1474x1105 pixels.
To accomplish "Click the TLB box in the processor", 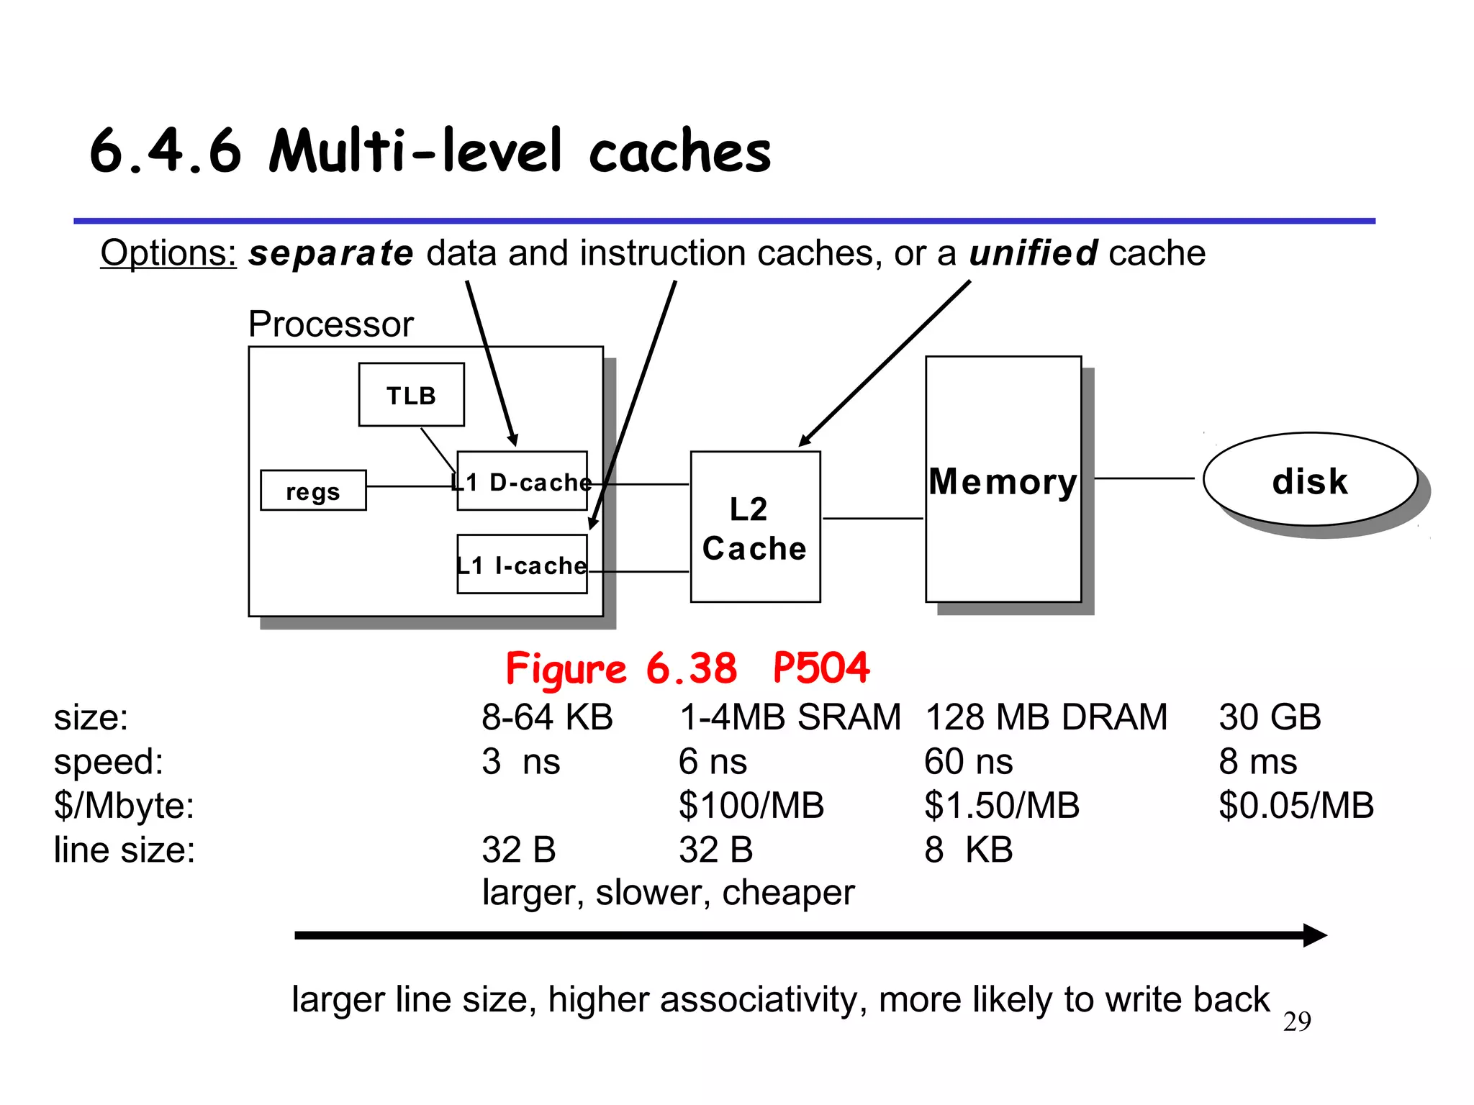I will pos(411,395).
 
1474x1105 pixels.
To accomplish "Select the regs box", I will pos(313,491).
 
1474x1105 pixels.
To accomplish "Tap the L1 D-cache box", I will pos(522,482).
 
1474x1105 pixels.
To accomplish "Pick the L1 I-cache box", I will pos(522,565).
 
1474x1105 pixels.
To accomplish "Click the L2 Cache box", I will pos(755,527).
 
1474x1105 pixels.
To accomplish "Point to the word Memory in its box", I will pos(1003,481).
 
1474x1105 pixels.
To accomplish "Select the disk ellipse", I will pos(1309,481).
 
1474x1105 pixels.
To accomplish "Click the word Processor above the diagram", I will pos(330,324).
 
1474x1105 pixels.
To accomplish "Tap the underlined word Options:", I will pos(168,253).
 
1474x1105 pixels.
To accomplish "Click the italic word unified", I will pos(1033,253).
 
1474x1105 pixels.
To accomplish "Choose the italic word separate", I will pos(331,253).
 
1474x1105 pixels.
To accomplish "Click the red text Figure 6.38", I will pos(620,668).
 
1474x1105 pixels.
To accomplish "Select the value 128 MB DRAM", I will pos(1045,717).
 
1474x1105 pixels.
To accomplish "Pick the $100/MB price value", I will pos(751,806).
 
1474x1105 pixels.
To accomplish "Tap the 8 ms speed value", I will pos(1257,761).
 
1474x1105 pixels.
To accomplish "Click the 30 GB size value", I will pos(1270,717).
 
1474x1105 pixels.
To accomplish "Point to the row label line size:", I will pos(125,850).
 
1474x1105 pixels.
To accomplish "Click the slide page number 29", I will pos(1297,1022).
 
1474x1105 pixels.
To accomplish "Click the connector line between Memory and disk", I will pos(1144,478).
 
